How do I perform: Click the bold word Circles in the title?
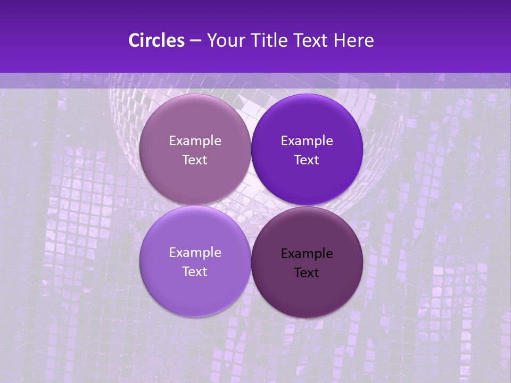(x=156, y=40)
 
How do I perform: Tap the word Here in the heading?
(x=355, y=40)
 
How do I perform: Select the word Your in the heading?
(x=224, y=40)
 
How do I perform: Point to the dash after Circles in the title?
(x=195, y=41)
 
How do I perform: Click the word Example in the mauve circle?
(x=195, y=141)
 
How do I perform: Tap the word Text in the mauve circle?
(x=195, y=160)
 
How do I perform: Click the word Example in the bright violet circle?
(x=307, y=141)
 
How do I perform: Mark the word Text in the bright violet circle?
(x=307, y=160)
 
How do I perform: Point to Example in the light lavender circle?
(x=195, y=253)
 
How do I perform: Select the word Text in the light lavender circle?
(x=195, y=271)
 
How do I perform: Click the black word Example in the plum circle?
(x=307, y=254)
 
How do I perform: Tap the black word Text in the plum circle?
(x=307, y=272)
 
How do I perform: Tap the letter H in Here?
(x=340, y=40)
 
